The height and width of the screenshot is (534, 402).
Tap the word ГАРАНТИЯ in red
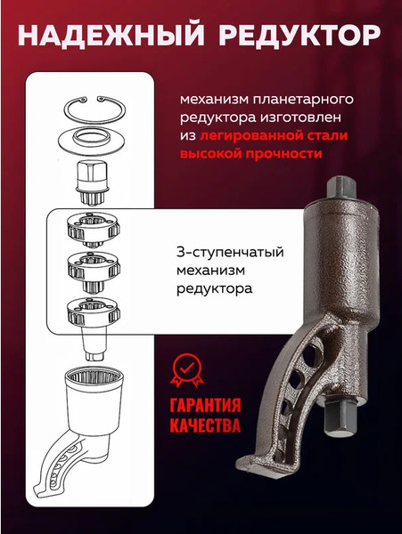[x=207, y=403]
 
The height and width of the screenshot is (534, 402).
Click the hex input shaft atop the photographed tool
[x=341, y=190]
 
